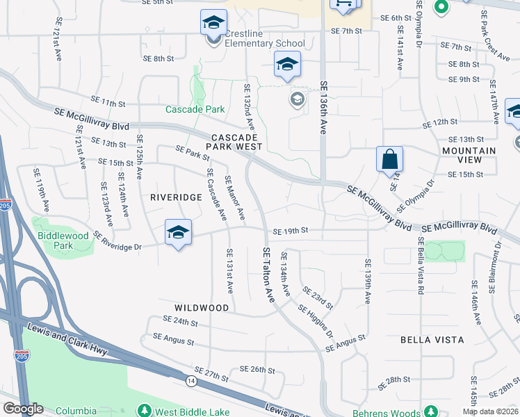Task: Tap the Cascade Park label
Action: (195, 109)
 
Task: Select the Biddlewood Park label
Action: (63, 240)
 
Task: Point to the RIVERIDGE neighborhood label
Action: (176, 197)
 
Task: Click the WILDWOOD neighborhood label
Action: (202, 307)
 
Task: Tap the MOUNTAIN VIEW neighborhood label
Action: (469, 155)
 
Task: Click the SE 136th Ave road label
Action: (324, 107)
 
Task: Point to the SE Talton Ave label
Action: (268, 274)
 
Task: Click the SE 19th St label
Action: (290, 231)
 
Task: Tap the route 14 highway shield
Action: (190, 381)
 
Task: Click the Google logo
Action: (23, 409)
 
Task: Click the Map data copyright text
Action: (491, 411)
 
